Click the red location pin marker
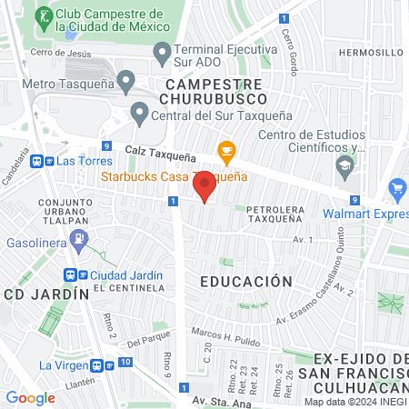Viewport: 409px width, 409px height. pos(204,185)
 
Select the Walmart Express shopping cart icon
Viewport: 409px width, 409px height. pos(396,190)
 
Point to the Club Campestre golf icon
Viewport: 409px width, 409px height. pos(44,15)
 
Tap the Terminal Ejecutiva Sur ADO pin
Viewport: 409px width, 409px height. pos(162,54)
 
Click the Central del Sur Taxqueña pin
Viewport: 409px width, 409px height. pos(139,114)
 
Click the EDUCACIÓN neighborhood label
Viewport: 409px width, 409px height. pos(247,282)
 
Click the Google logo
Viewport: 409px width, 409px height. pos(31,397)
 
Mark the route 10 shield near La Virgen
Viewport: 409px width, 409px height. pos(125,364)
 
